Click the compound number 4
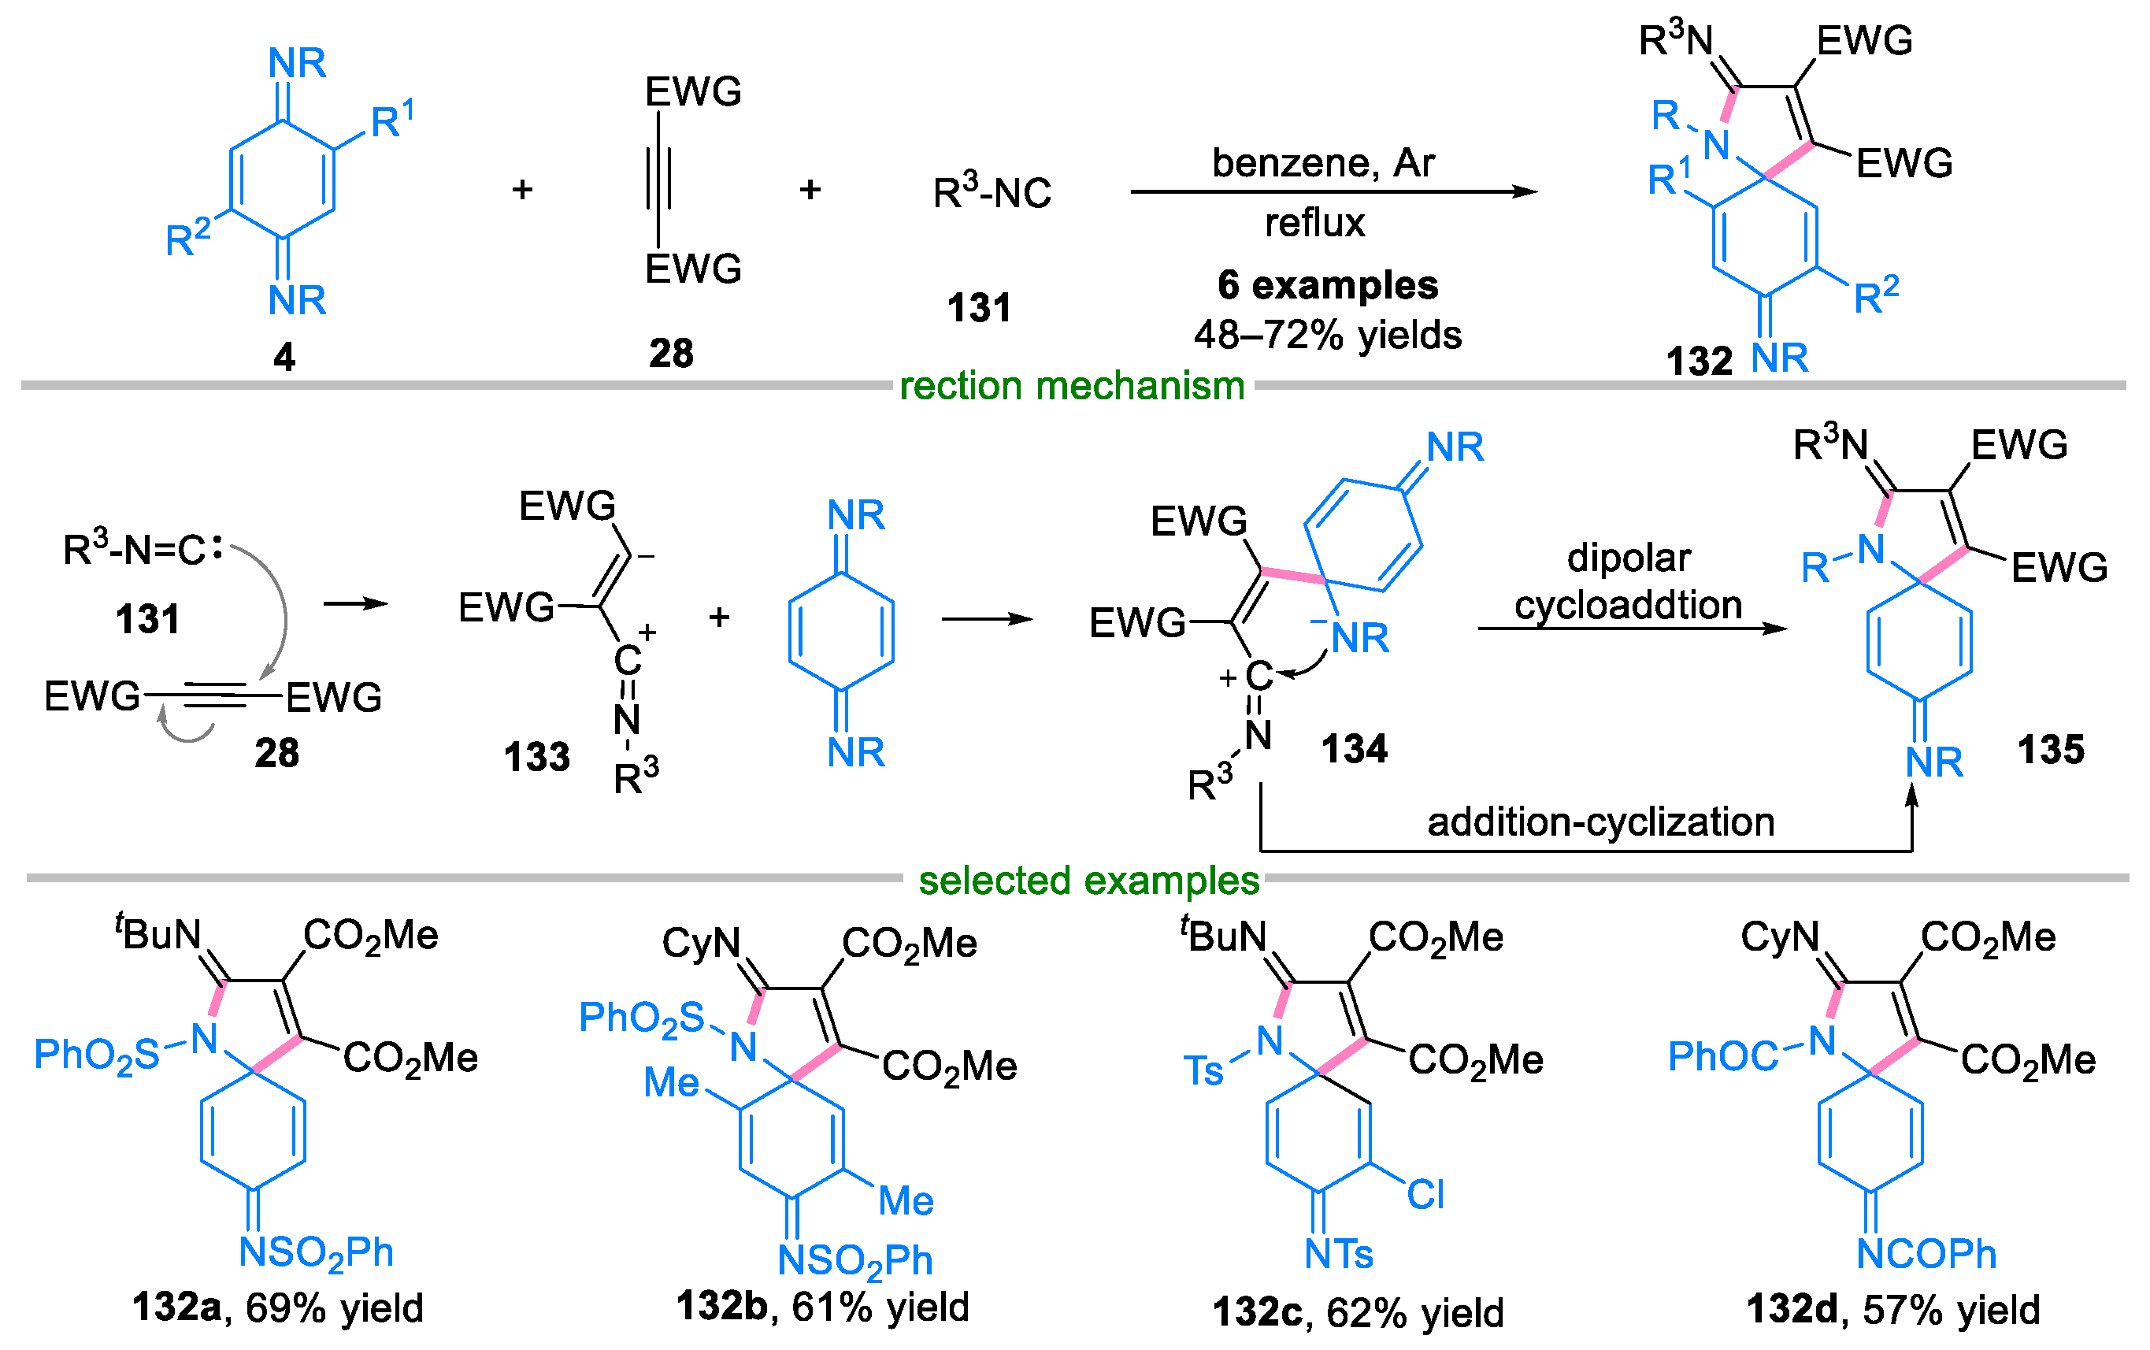click(x=284, y=357)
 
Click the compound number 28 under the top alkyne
click(x=670, y=354)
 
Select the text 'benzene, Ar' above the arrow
click(x=1322, y=163)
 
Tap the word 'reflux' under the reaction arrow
click(x=1314, y=223)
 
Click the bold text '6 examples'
click(x=1327, y=286)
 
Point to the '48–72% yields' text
click(x=1327, y=336)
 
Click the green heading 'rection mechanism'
click(x=1072, y=387)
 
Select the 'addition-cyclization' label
click(x=1600, y=822)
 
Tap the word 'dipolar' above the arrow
click(x=1628, y=558)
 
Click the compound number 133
click(x=536, y=757)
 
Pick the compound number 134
click(x=1354, y=749)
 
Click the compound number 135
click(x=2050, y=749)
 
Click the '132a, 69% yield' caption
click(x=277, y=1308)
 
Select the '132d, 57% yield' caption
click(x=1893, y=1310)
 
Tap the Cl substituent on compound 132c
click(x=1425, y=1195)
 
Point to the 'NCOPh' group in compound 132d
click(x=1925, y=1255)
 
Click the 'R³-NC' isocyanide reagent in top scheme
click(x=992, y=193)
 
